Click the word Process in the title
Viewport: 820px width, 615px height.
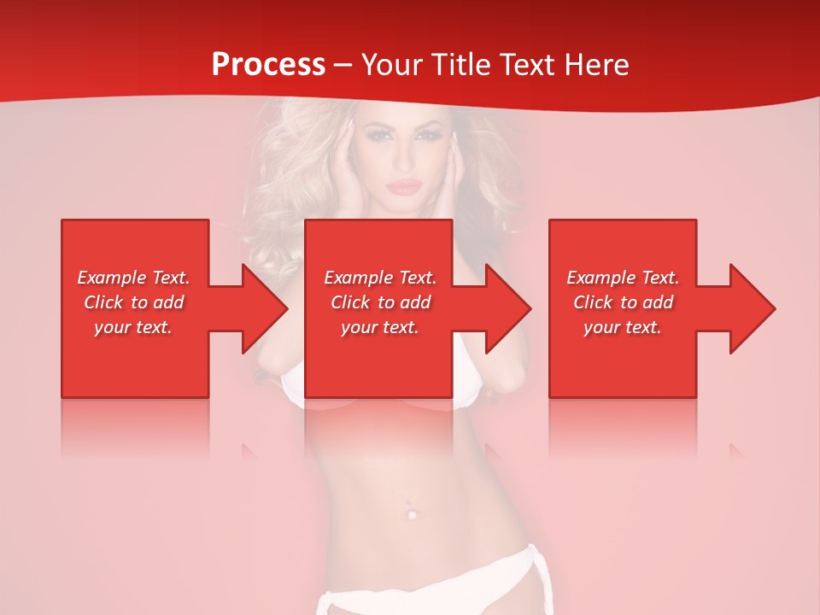[x=268, y=64]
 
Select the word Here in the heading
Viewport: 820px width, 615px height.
[x=594, y=64]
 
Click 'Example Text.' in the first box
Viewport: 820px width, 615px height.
[x=133, y=278]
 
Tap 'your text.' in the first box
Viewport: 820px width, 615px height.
[x=133, y=327]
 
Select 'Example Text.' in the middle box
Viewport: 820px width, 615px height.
[x=380, y=278]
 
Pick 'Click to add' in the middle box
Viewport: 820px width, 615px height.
[x=380, y=302]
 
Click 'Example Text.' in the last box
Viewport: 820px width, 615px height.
[x=623, y=278]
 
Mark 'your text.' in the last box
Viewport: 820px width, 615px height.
[x=623, y=327]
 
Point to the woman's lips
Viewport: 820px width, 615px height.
[x=404, y=186]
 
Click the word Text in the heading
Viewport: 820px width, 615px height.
[x=528, y=64]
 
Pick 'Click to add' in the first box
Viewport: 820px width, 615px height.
[x=133, y=302]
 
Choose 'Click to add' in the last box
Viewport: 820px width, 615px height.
[x=623, y=302]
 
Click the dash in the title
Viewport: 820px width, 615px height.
[x=343, y=66]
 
